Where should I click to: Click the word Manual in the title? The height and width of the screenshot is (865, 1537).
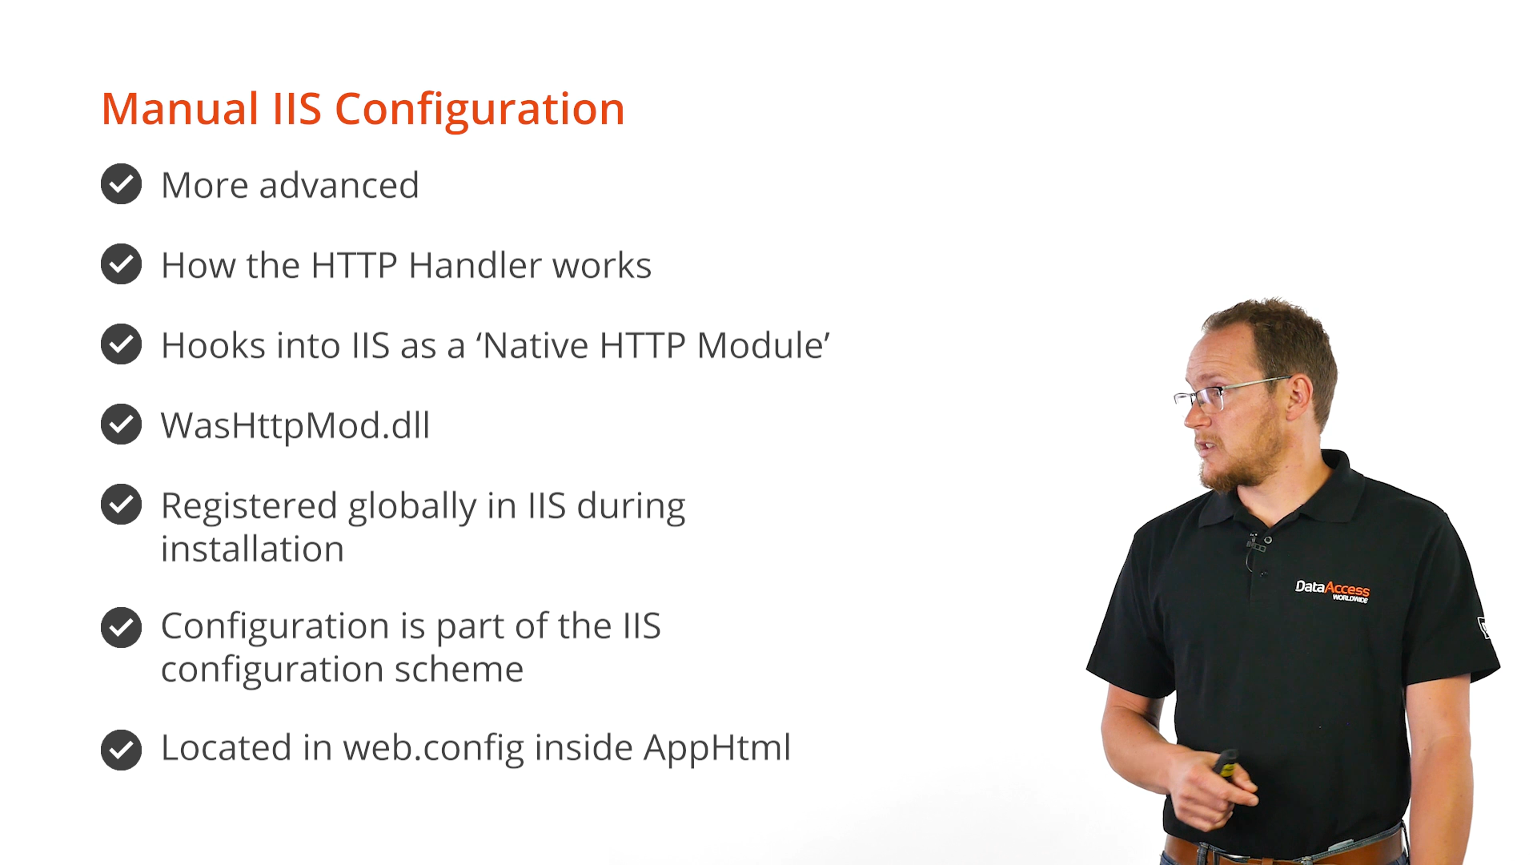pos(180,108)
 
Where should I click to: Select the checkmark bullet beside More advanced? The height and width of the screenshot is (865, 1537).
pos(122,184)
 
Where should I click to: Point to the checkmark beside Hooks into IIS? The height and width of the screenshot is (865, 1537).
pos(122,344)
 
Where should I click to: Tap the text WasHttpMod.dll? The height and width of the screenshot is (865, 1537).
pos(295,425)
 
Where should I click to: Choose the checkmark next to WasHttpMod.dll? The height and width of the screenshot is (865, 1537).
pos(122,424)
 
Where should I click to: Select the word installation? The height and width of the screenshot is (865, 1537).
pos(252,549)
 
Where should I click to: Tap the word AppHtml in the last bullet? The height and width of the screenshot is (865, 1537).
pos(717,749)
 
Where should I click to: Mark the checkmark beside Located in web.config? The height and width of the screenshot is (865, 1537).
pos(122,750)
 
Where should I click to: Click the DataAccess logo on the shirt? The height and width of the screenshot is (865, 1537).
pos(1333,590)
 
